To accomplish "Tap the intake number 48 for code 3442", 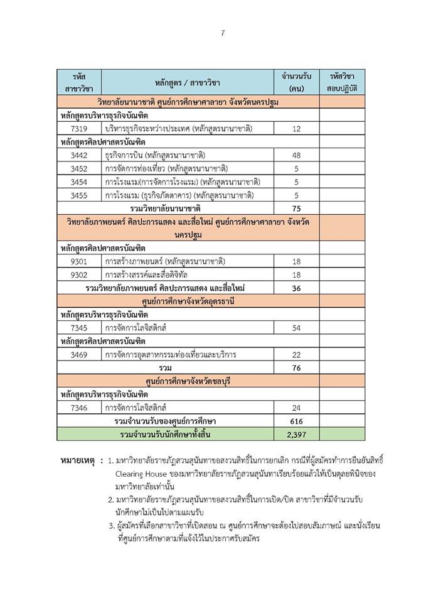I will point(297,155).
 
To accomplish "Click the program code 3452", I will point(83,168).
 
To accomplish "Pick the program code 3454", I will point(83,182).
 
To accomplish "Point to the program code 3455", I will point(83,195).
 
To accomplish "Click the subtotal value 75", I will point(297,208).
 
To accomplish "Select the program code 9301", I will point(83,261).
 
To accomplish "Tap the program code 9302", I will point(83,274).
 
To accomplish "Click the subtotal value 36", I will point(297,288).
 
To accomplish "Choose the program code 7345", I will point(83,328).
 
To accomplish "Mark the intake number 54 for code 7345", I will point(297,328).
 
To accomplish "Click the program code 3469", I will point(83,354).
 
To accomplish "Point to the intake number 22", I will point(297,354).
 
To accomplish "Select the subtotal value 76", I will point(297,367).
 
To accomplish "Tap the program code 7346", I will point(83,408).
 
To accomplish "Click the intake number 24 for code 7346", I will point(297,408).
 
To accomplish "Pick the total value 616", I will point(297,421).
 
